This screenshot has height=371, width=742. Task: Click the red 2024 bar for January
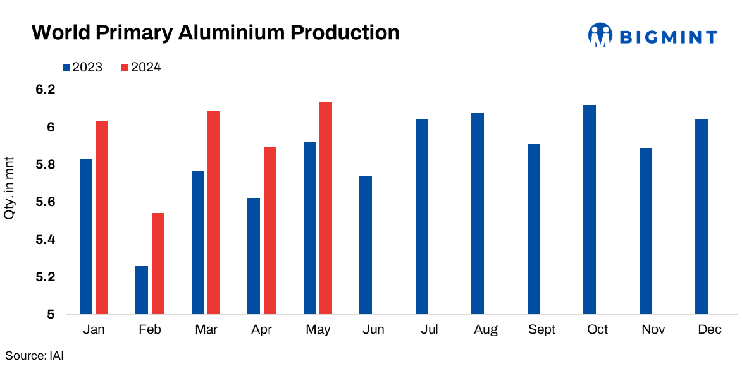(102, 217)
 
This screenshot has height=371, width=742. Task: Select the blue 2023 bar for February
(142, 290)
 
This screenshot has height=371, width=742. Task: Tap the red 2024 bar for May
(326, 208)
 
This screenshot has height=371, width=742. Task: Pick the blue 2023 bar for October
(590, 209)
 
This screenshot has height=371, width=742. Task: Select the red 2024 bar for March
(214, 212)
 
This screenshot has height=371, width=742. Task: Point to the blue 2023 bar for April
(254, 256)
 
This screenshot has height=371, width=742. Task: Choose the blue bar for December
(702, 216)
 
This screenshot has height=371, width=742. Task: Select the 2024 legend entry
(141, 67)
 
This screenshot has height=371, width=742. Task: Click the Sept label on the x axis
(541, 330)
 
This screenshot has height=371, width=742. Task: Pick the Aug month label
(486, 330)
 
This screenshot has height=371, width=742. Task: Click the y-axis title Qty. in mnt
(10, 188)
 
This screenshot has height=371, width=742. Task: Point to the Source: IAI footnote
(35, 356)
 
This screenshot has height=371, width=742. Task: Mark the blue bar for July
(422, 216)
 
